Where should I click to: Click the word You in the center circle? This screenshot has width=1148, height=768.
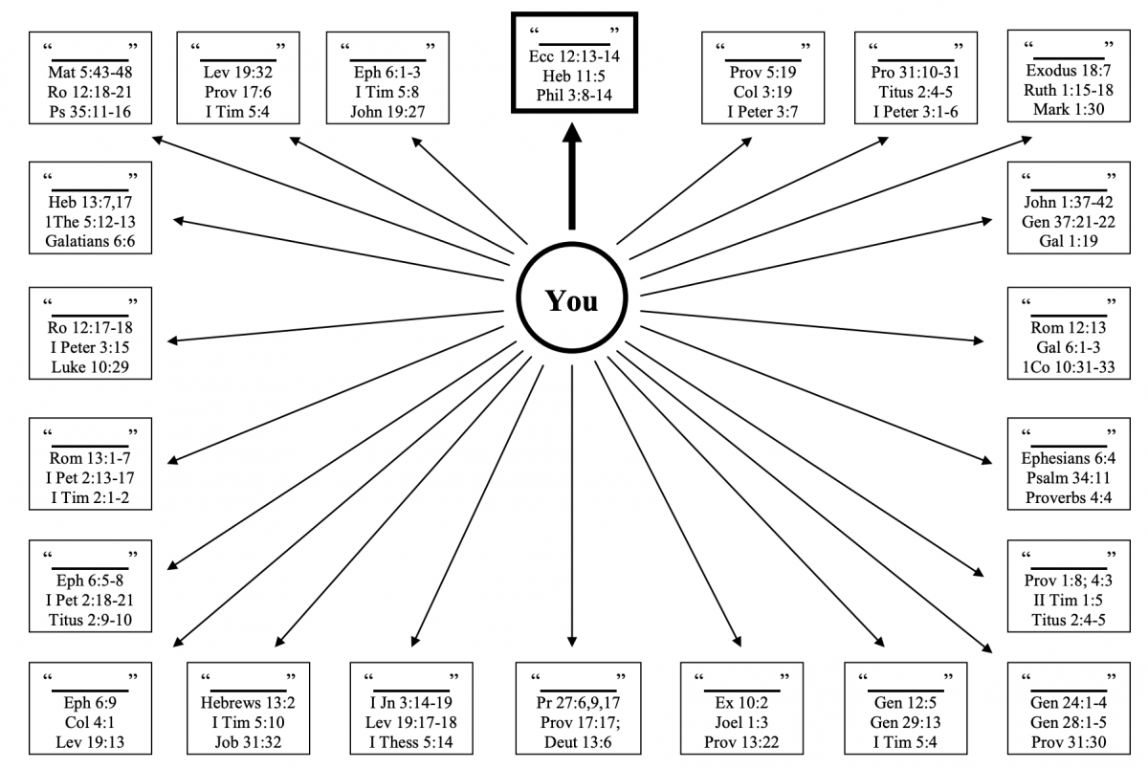(571, 301)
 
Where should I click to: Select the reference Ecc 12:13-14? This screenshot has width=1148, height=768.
(573, 55)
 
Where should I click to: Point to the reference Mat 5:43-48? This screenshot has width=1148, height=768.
(91, 71)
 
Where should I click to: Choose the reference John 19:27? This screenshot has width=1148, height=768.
(387, 111)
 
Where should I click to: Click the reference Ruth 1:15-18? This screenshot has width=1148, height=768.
(1071, 90)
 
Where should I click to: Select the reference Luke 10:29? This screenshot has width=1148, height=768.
(91, 366)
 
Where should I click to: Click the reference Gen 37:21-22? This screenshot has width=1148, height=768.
(1071, 221)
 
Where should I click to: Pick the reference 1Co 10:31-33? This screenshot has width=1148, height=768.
(1071, 367)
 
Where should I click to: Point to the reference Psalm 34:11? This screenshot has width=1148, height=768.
(1070, 478)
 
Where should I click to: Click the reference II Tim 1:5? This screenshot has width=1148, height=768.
(1070, 600)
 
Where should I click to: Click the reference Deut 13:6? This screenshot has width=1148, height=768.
(572, 741)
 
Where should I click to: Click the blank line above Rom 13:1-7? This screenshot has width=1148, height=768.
(90, 444)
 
